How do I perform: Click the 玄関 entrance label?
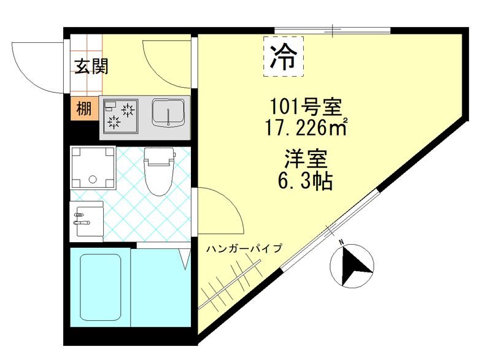point(91,66)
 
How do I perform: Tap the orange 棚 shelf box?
point(83,109)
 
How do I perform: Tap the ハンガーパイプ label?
point(244,248)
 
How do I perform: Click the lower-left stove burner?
point(114,122)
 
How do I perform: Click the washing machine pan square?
point(93,167)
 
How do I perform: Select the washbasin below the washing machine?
point(87,217)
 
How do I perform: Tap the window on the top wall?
point(332,30)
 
